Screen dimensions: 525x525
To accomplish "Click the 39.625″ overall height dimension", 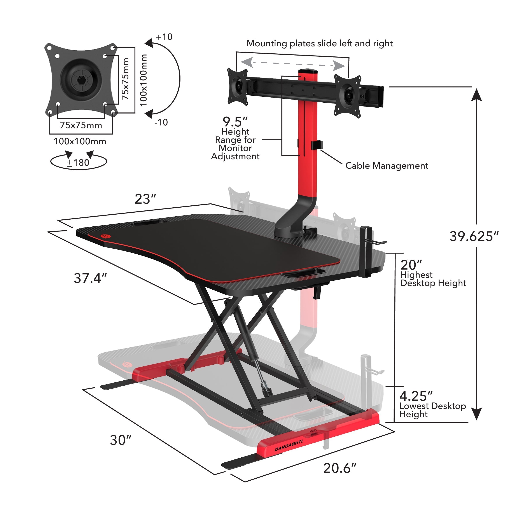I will (x=474, y=236).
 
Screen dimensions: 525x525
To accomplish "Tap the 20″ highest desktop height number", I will (x=411, y=265).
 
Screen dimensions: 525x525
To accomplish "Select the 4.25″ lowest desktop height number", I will (x=416, y=396).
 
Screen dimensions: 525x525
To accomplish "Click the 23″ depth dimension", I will (x=145, y=199).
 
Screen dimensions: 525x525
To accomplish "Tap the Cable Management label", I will (x=386, y=166).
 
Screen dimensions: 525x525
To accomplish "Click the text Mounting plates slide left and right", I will (x=319, y=44).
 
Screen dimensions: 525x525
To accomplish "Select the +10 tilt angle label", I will (x=164, y=37).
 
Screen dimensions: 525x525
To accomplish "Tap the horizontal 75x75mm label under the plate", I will (x=81, y=125).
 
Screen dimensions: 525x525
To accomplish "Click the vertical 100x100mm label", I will (x=143, y=80).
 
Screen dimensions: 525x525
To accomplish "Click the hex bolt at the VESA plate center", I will (x=81, y=80).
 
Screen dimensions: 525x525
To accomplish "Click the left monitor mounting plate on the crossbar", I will (x=238, y=86).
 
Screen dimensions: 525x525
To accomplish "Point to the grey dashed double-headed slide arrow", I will (x=293, y=64).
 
